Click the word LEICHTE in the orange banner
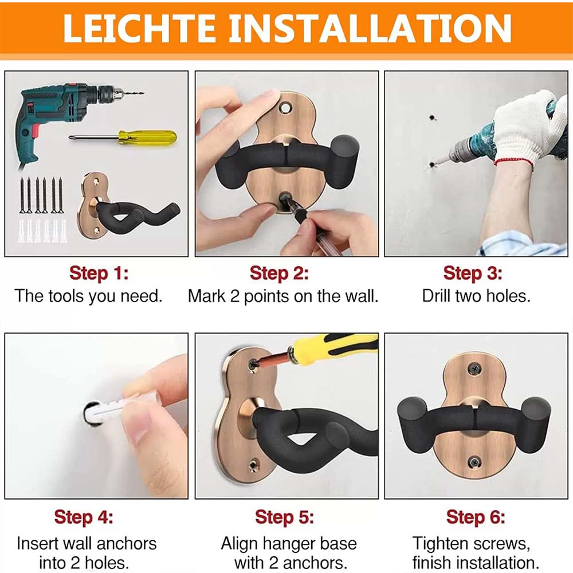coord(139,29)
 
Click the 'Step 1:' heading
coord(99,273)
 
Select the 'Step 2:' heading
coord(279,273)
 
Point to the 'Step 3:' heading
coord(473,273)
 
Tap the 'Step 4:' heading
coord(84,517)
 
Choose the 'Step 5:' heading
coord(284,517)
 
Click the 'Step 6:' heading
coord(476,517)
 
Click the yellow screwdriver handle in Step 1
coord(147,137)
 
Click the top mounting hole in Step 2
coord(285,108)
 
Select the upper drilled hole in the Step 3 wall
coord(432,117)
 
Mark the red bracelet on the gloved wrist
coord(514,162)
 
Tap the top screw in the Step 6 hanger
coord(474,368)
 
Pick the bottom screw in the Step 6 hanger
coord(474,463)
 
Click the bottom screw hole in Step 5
coord(253,465)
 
